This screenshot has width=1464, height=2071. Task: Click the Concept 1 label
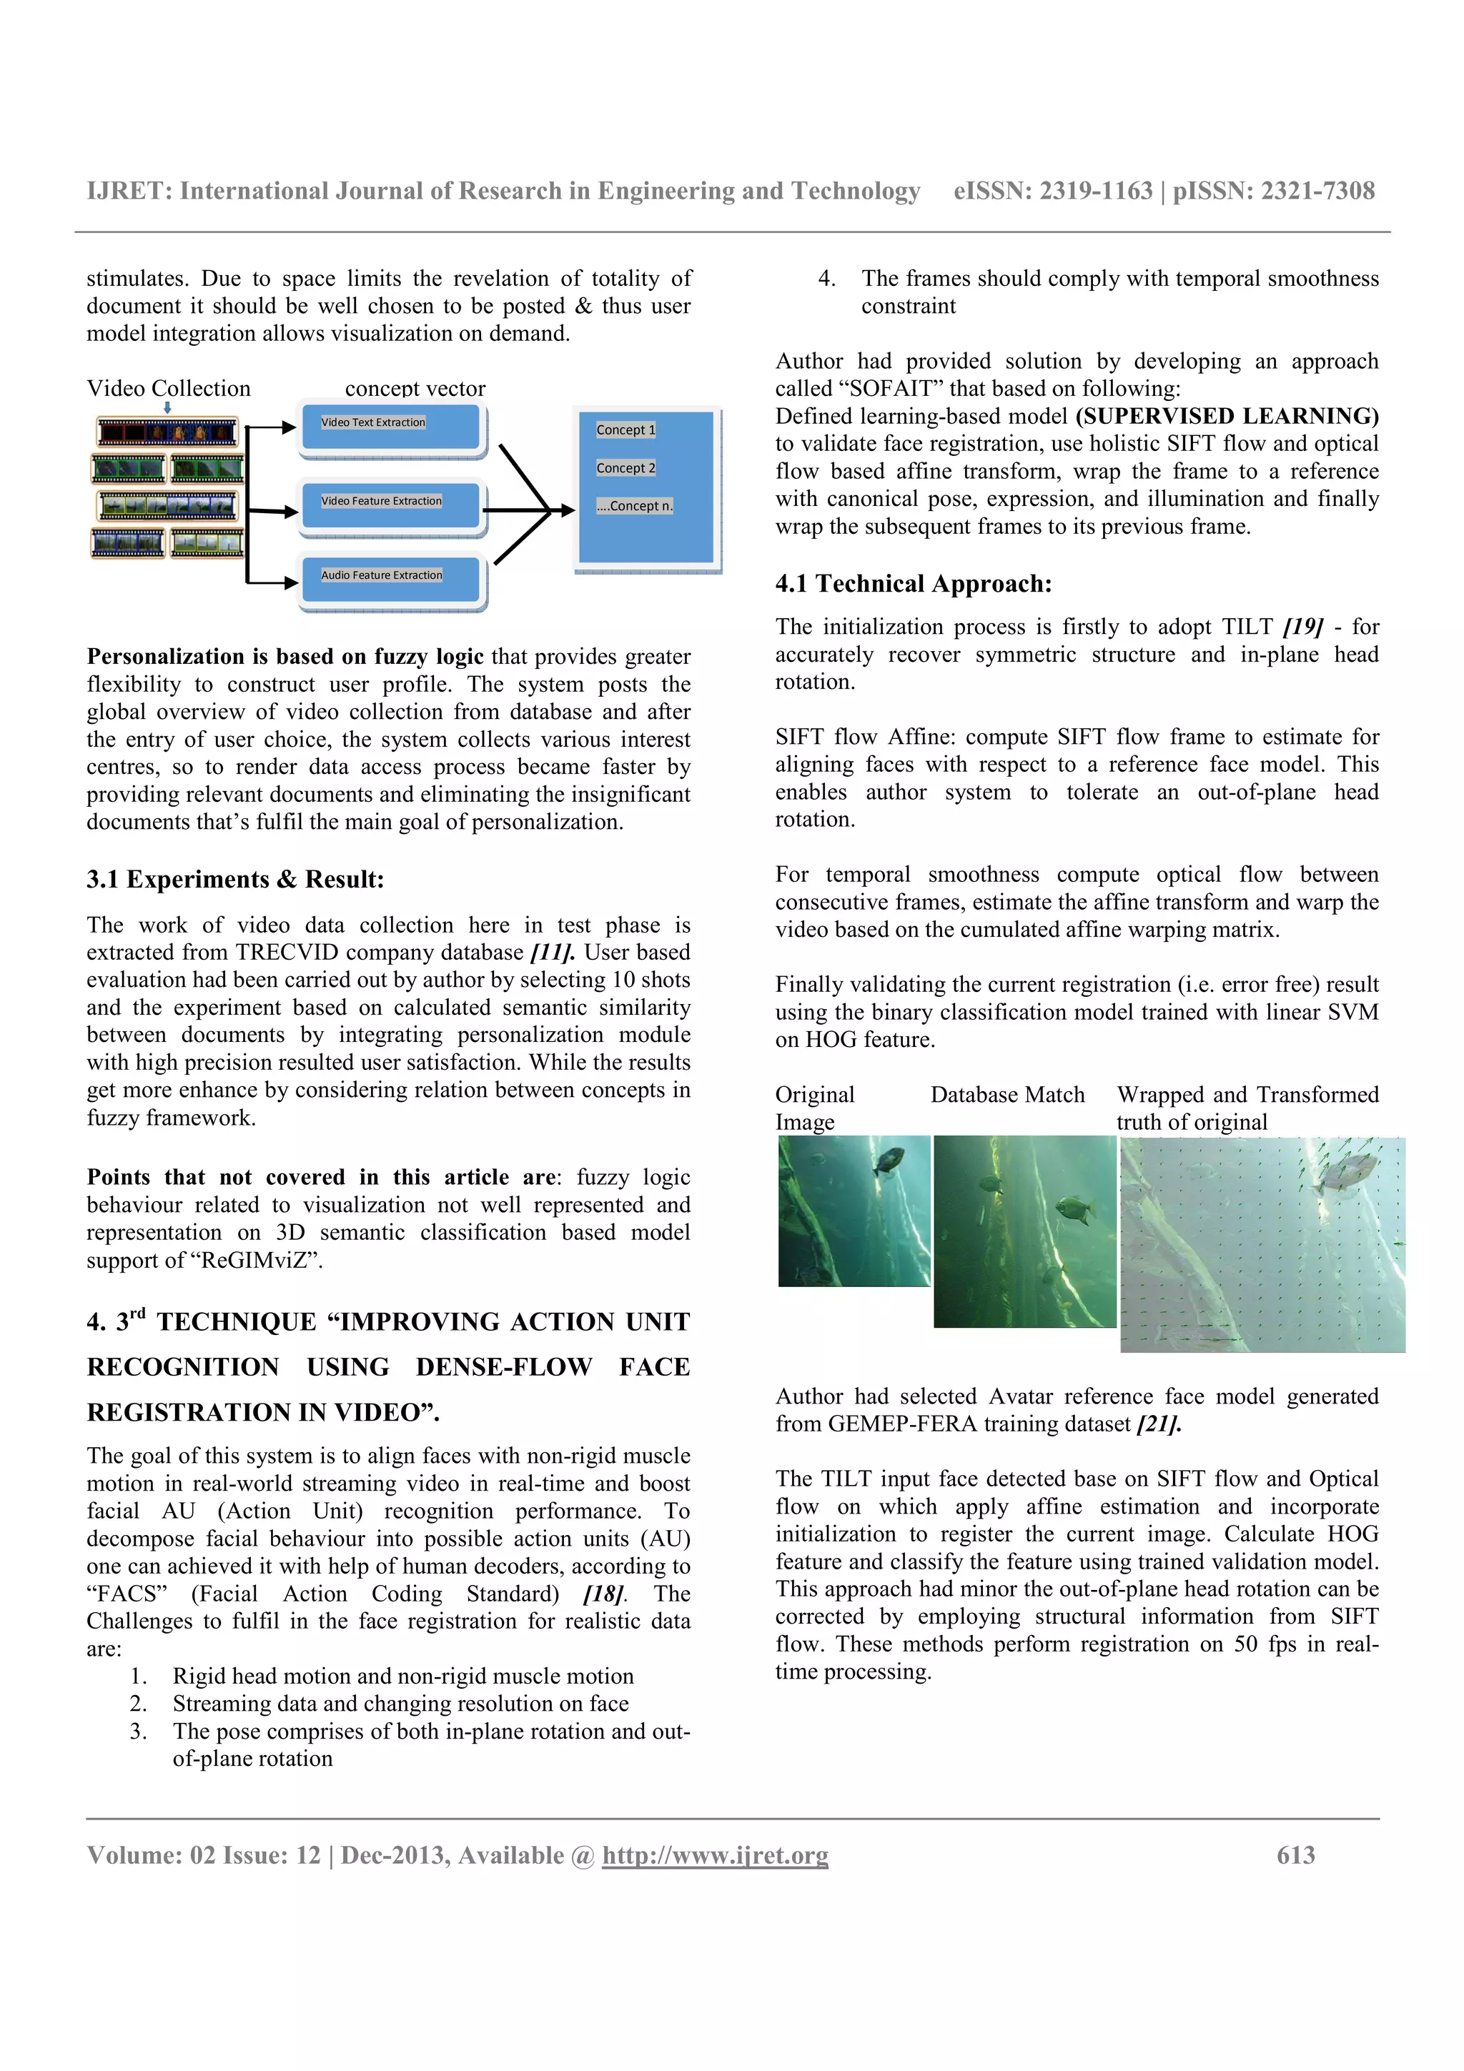[x=625, y=430]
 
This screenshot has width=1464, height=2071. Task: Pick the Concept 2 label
[x=625, y=468]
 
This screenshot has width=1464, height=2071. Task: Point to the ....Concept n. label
[x=634, y=506]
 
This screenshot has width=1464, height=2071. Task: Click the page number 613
[x=1295, y=1855]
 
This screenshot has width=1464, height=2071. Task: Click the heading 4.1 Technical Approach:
[x=913, y=584]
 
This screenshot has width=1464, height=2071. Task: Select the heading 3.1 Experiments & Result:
[x=234, y=880]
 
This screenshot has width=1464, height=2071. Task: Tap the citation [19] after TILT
[x=1302, y=627]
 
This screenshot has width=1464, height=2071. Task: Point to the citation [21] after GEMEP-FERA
[x=1158, y=1424]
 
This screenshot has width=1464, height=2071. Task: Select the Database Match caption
[x=1006, y=1095]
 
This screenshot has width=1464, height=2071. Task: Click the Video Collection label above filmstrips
[x=169, y=389]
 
